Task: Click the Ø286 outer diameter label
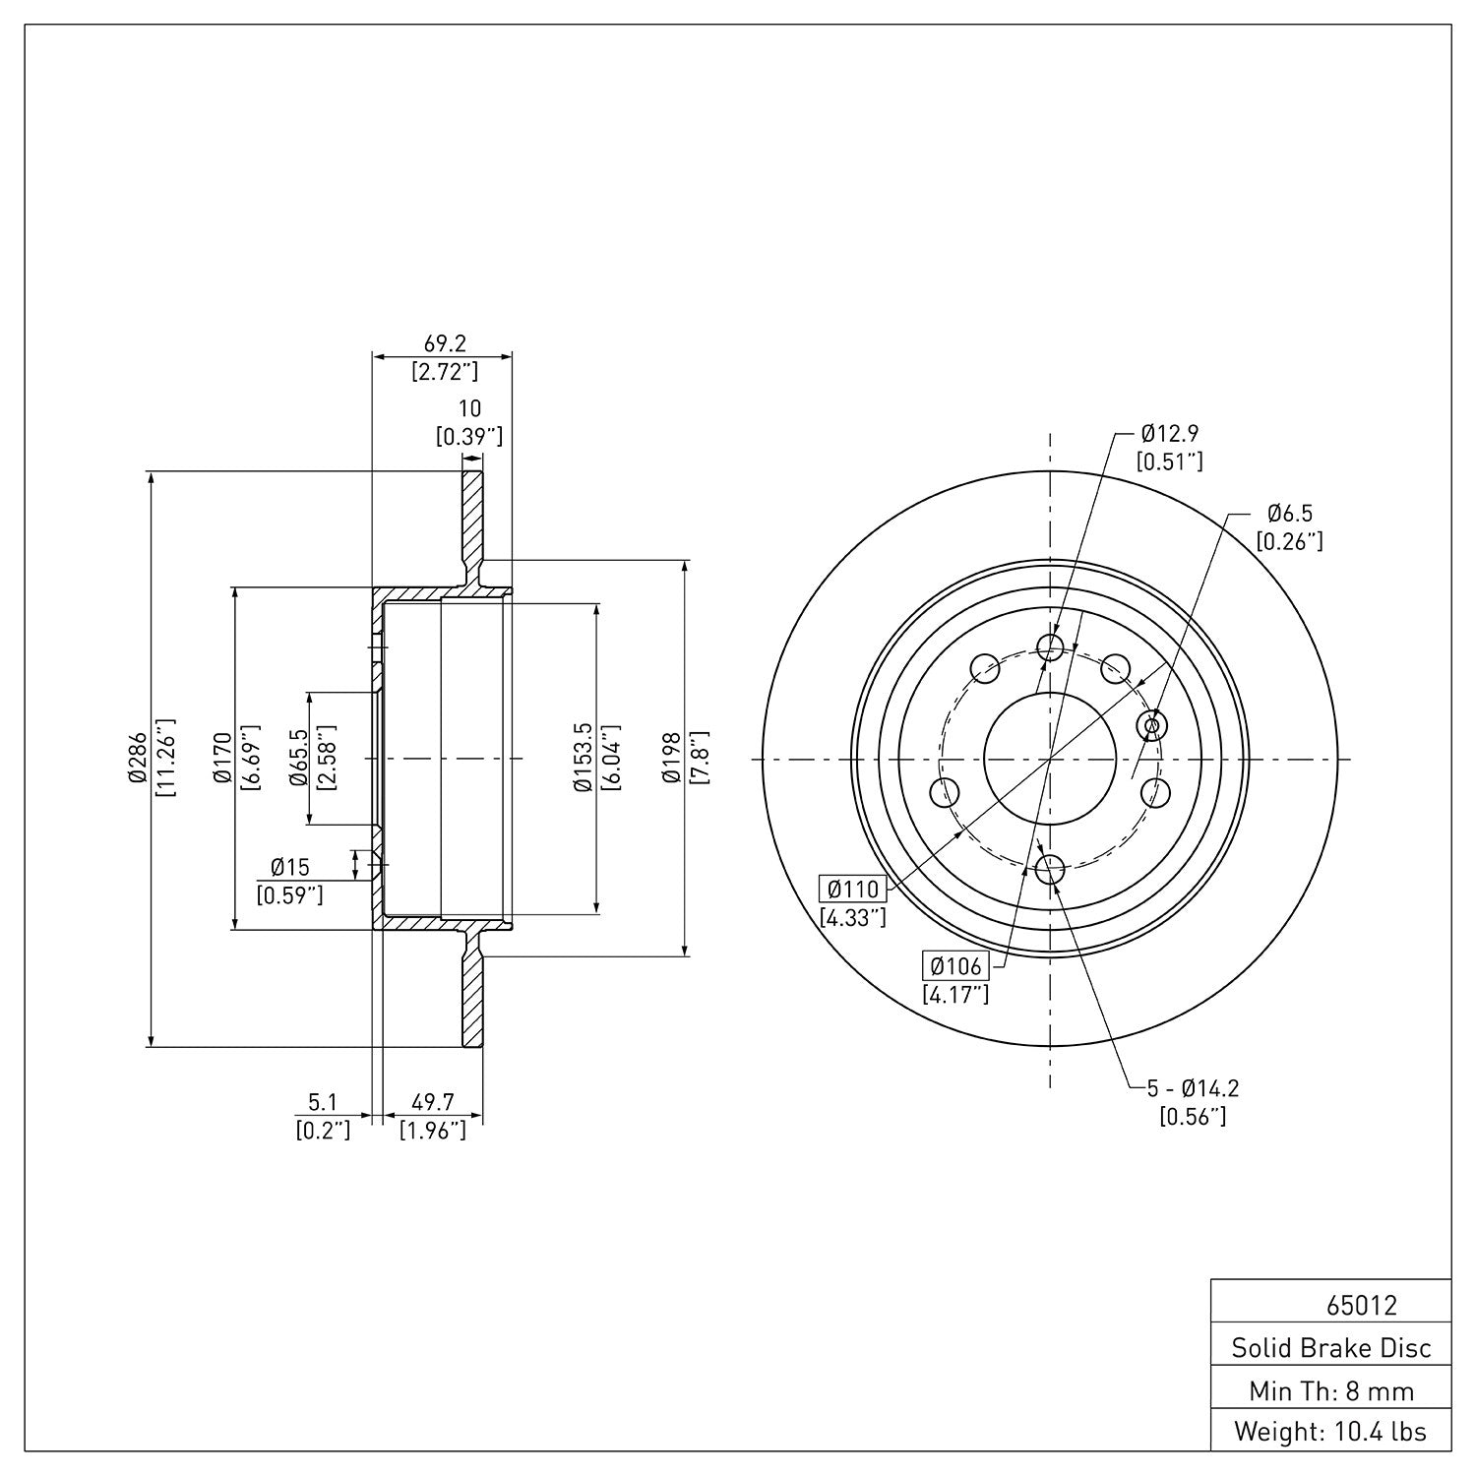pos(137,759)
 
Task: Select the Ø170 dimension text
pos(222,759)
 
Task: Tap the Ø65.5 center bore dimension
pos(299,759)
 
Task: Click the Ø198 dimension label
pos(672,759)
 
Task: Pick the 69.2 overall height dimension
pos(444,343)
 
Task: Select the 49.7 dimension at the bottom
pos(432,1104)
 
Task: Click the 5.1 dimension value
pos(323,1104)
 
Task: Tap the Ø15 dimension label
pos(289,867)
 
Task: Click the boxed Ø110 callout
pos(853,890)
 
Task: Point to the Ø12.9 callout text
pos(1170,433)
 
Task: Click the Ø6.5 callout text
pos(1289,513)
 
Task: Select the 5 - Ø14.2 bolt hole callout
pos(1193,1088)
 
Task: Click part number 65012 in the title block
pos(1361,1306)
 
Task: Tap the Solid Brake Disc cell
pos(1331,1348)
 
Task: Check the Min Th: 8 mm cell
pos(1331,1389)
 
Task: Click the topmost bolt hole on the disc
pos(1050,647)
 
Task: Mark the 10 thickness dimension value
pos(469,408)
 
